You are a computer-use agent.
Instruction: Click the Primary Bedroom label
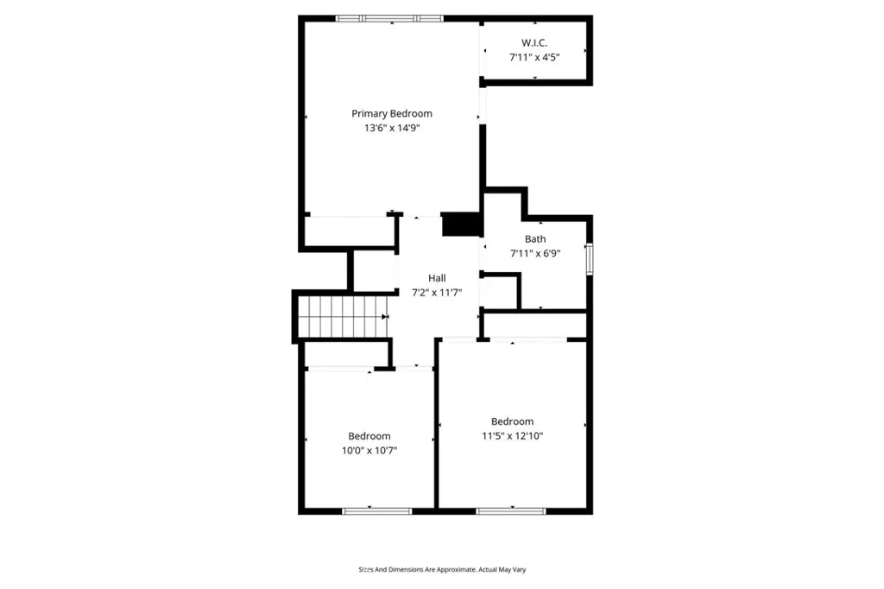pos(391,113)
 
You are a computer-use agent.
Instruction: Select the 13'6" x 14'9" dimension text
pos(391,128)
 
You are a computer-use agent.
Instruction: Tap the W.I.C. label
pos(534,43)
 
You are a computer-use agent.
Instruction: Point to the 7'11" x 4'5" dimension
pos(534,58)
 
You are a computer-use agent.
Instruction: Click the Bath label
pos(535,239)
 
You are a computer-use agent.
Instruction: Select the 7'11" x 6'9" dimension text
pos(535,254)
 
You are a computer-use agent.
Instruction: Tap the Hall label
pos(437,278)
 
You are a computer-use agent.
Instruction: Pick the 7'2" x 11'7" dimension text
pos(437,293)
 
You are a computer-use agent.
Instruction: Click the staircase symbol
pos(341,316)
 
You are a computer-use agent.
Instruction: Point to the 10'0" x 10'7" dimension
pos(369,451)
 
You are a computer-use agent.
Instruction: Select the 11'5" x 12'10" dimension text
pos(512,436)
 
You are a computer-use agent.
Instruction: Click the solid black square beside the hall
pos(460,224)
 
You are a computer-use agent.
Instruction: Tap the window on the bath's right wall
pos(590,259)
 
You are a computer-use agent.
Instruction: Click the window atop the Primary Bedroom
pos(389,17)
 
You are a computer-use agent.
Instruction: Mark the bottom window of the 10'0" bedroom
pos(370,511)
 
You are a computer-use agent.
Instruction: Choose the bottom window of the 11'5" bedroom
pos(511,511)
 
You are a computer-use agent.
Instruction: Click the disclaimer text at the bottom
pos(442,570)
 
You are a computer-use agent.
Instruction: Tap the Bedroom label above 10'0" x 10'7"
pos(369,436)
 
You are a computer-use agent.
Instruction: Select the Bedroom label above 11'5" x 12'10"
pos(512,421)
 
